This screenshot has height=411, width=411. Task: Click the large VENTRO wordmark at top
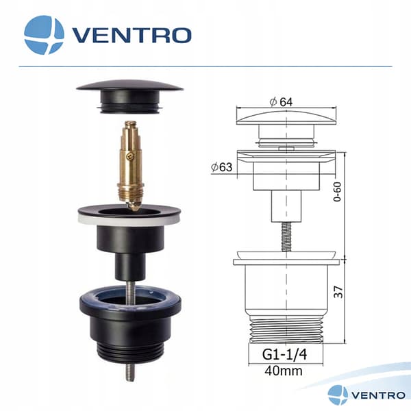point(132,36)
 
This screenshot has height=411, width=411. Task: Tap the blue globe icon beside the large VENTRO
point(44,35)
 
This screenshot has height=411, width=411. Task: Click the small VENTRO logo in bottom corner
point(366,395)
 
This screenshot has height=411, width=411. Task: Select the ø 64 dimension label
point(281,102)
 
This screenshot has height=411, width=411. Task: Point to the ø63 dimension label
point(222,167)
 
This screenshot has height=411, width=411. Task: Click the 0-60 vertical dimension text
point(337,192)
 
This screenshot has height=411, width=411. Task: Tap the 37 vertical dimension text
point(338,292)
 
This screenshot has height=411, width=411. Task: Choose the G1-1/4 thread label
point(284,355)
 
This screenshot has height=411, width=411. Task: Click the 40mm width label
point(284,371)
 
